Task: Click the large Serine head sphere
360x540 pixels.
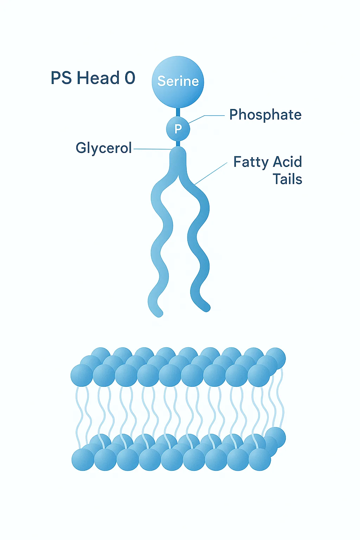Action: (x=178, y=82)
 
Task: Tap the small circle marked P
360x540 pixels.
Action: (x=178, y=129)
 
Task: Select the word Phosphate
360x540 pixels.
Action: (x=265, y=115)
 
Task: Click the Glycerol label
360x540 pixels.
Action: (x=104, y=148)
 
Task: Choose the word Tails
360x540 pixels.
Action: (x=288, y=179)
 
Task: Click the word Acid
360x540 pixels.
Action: (x=288, y=162)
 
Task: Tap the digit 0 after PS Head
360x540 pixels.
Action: (x=130, y=78)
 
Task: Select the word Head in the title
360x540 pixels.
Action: (x=98, y=78)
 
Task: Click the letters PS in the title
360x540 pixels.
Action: (x=62, y=78)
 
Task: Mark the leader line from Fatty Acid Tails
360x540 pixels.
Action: (x=211, y=173)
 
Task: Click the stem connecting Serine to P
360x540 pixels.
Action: (x=178, y=112)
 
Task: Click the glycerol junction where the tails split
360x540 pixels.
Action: (x=178, y=158)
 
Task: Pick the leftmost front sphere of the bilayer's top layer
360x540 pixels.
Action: (x=82, y=375)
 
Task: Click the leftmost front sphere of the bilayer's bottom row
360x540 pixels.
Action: (x=83, y=459)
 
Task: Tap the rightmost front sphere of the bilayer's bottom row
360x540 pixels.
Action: (x=259, y=459)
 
